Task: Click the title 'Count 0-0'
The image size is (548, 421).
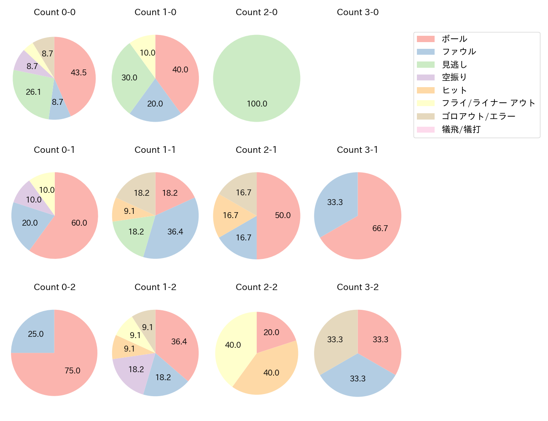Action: point(54,12)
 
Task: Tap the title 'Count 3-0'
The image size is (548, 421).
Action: point(357,12)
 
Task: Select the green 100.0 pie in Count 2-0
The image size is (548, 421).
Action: point(257,78)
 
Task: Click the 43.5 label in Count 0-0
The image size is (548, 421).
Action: point(78,72)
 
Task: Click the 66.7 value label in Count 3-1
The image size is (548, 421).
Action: point(380,228)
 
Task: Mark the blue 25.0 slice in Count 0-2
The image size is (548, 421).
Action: point(34,333)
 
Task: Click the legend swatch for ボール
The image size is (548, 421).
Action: point(425,39)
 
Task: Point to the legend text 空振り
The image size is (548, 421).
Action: point(454,77)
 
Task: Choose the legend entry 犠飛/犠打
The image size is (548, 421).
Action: point(461,129)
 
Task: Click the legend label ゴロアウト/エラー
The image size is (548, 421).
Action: point(478,116)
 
